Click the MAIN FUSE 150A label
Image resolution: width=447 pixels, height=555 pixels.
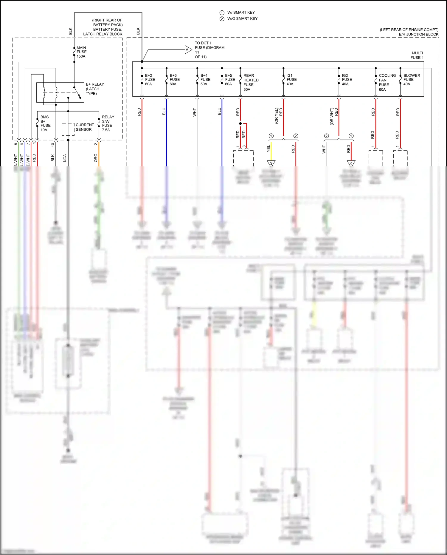tap(81, 52)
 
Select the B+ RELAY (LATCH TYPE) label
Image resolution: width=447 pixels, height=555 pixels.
tap(95, 89)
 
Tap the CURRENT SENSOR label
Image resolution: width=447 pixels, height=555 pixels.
tap(85, 127)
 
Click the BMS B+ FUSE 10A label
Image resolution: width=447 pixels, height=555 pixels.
tap(45, 123)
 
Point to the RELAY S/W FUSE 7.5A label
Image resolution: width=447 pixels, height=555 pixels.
tap(108, 123)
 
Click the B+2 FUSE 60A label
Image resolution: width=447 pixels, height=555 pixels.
tap(150, 80)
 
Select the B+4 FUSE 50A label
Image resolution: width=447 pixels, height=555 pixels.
tap(205, 80)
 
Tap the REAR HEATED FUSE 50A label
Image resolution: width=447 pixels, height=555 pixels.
tap(251, 82)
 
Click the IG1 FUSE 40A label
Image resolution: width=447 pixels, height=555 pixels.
tap(291, 80)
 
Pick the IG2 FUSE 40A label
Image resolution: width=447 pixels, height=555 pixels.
tap(347, 80)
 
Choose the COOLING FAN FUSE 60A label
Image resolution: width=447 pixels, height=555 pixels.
tap(387, 82)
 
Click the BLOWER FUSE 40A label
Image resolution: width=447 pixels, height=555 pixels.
tap(412, 80)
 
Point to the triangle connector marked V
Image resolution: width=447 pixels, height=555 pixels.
tap(188, 50)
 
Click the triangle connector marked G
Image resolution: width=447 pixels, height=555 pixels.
tap(271, 163)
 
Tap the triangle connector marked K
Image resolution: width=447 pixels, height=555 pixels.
tap(351, 163)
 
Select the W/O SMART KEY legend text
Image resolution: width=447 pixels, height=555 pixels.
tap(242, 18)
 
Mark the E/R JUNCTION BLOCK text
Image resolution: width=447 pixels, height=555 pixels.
tap(418, 34)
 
